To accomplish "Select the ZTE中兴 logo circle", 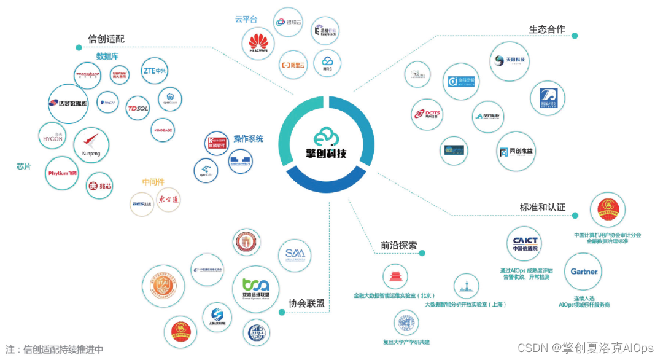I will (155, 71).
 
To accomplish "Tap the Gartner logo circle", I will (584, 271).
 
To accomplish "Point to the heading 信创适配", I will (106, 39).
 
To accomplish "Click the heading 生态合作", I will (547, 29).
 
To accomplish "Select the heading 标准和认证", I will (542, 208).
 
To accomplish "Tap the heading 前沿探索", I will (398, 246).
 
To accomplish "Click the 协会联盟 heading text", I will (306, 303).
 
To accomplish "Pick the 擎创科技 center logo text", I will (327, 152).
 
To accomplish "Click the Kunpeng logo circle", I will (91, 145).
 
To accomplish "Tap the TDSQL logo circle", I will (138, 109).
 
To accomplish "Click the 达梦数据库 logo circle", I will (68, 103).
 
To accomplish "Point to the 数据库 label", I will (107, 57).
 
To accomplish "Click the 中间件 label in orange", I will (153, 182).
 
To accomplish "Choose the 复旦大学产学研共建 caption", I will (406, 341).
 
